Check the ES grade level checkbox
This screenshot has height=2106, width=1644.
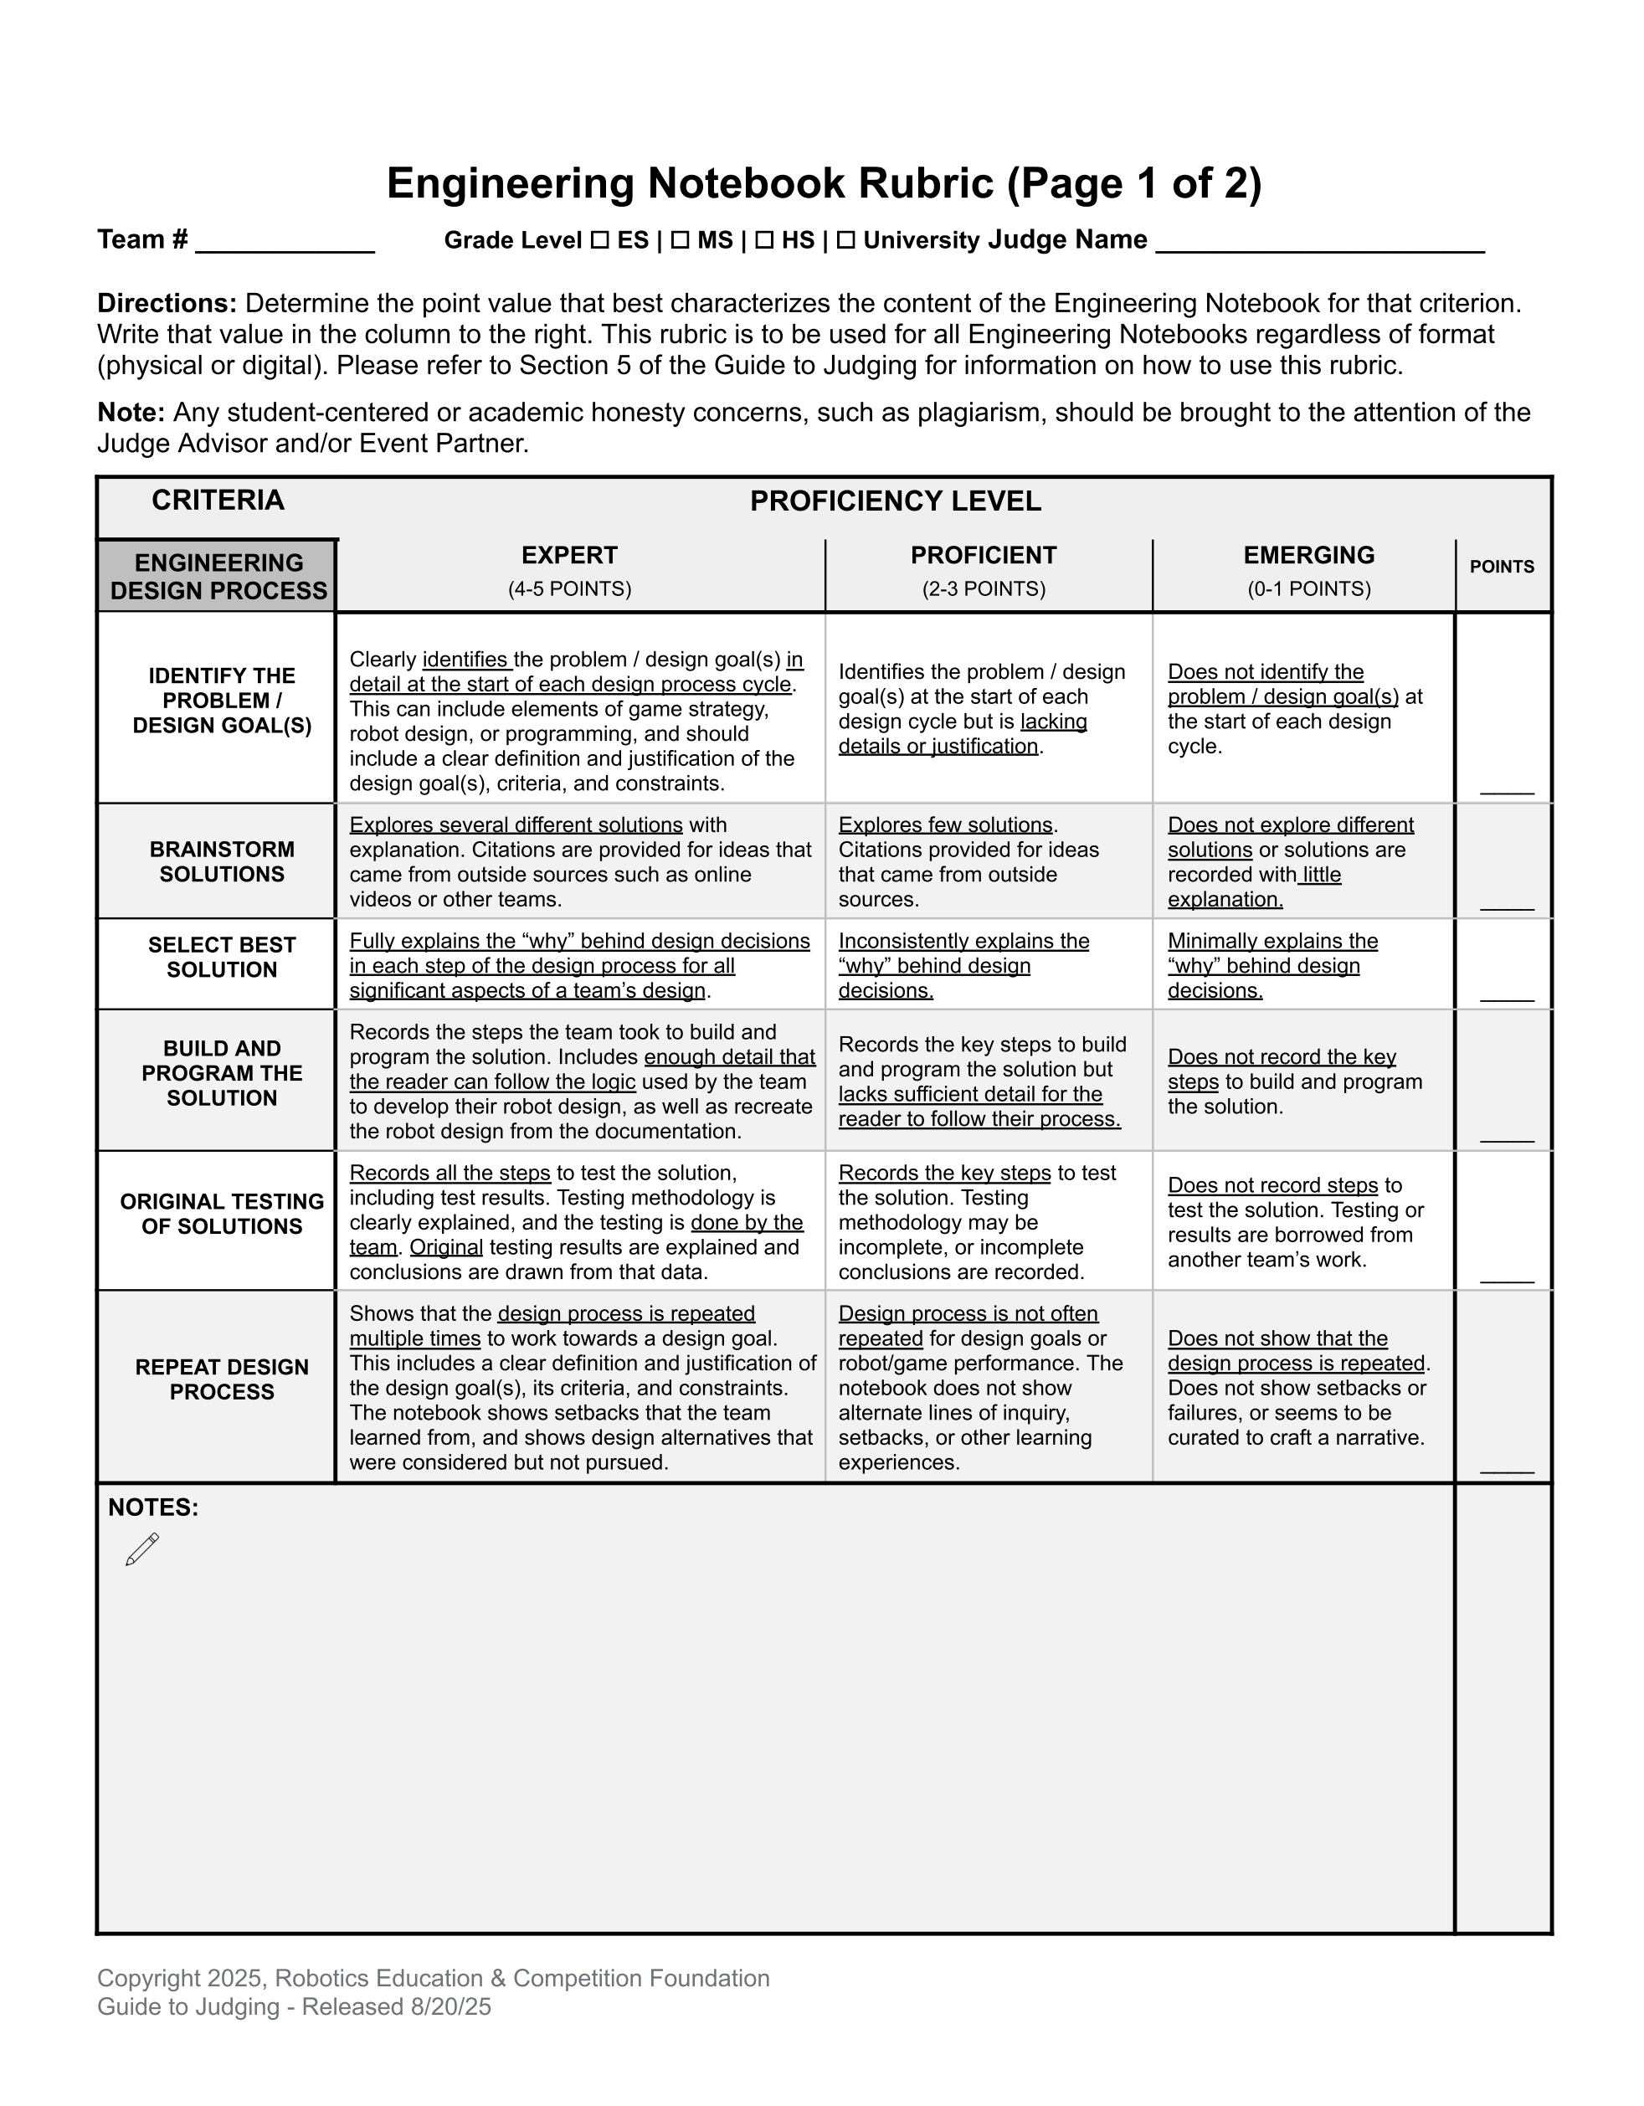(599, 240)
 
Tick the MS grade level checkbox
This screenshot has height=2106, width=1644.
(680, 240)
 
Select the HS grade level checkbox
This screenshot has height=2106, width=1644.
(763, 240)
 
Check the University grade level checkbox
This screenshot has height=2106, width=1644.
(845, 240)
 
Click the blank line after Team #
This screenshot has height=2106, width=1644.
(285, 243)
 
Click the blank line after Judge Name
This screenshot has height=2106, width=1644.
(1319, 243)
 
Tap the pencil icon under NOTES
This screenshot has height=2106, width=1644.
(142, 1549)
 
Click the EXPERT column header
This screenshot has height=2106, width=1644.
(570, 556)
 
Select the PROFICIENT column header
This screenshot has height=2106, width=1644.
(984, 556)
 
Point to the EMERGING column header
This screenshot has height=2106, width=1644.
(1308, 556)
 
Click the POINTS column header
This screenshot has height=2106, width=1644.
(1502, 567)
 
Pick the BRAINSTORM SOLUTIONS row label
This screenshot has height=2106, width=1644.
(222, 861)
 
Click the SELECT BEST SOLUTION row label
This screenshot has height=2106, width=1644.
(222, 957)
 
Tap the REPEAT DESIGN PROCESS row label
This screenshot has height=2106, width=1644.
(222, 1379)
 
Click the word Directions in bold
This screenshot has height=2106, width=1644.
(167, 304)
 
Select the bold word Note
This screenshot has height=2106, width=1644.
(131, 413)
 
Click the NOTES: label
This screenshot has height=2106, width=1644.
(153, 1508)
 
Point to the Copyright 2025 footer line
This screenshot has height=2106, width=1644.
(433, 1978)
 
